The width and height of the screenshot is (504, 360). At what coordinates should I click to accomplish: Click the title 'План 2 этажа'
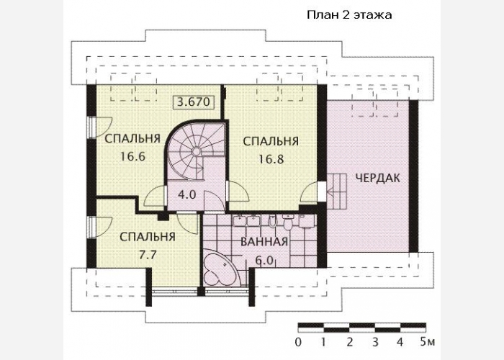point(349,15)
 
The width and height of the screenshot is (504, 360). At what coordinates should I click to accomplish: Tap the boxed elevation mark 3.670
point(193,102)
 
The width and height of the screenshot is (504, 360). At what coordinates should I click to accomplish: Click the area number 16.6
point(133,156)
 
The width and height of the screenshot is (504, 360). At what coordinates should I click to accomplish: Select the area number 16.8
point(271,159)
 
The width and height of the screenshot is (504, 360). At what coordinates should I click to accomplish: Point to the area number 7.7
point(148,255)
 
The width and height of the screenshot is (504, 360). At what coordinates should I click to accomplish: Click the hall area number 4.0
point(186,194)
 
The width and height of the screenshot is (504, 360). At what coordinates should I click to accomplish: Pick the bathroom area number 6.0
point(264,261)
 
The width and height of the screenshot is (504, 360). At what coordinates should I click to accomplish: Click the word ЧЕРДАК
point(378,178)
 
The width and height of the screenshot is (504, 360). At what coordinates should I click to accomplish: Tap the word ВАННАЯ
point(264,242)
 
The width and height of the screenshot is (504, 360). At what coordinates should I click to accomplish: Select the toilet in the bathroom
point(288,222)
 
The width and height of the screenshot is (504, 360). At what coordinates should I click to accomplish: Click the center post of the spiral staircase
point(195,150)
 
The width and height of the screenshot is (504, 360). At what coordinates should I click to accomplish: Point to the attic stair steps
point(337,192)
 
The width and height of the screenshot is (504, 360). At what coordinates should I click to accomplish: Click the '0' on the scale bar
point(298,342)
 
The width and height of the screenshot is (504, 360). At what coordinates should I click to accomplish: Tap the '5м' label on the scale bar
point(428,342)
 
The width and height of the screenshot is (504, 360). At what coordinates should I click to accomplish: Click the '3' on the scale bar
point(375,342)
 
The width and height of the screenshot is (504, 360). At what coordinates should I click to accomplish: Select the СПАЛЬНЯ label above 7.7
point(148,237)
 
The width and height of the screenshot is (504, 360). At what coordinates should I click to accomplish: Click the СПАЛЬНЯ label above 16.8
point(271,141)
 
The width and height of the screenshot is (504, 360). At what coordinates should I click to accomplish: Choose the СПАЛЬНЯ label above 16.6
point(132,139)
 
